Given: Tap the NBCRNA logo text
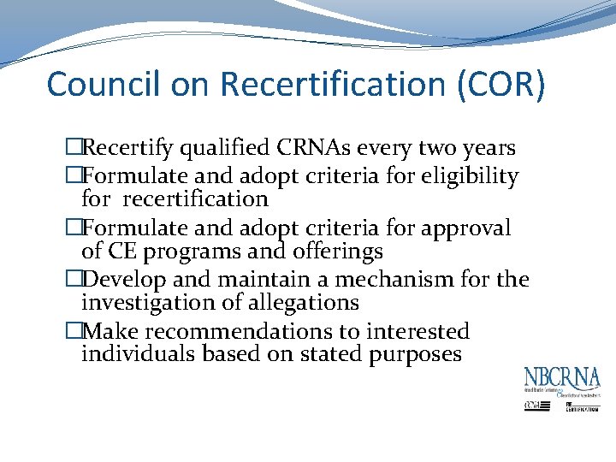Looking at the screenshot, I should (x=562, y=377).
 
